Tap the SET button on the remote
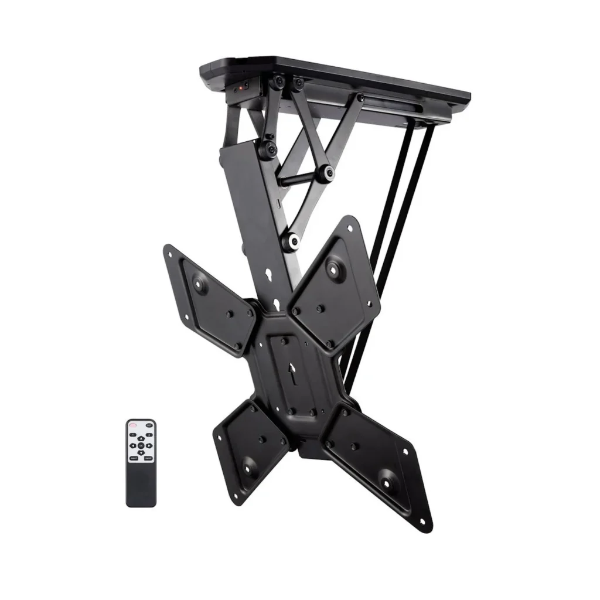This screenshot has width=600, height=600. coord(149,425)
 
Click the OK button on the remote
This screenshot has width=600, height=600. coord(141,446)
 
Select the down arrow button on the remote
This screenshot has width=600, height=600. coord(141,453)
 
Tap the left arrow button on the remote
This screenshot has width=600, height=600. coord(133,446)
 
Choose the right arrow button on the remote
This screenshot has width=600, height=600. coord(149,446)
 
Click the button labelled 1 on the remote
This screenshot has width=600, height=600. coord(132,435)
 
